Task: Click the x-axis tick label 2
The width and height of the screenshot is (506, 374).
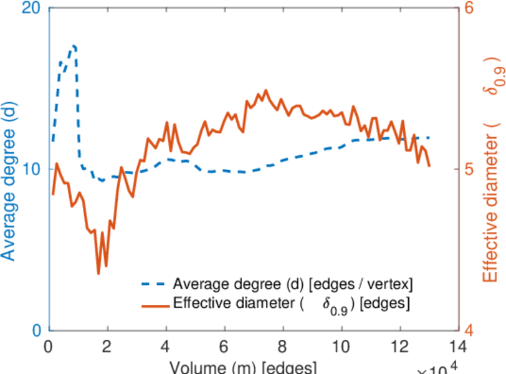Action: (108, 345)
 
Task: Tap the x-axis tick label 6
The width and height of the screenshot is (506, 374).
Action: (224, 345)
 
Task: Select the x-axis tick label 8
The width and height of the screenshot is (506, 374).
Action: (283, 345)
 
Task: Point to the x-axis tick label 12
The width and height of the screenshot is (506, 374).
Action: (400, 345)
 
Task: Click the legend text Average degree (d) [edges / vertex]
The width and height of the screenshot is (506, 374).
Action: (293, 285)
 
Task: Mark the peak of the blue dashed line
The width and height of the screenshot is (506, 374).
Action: (74, 46)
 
